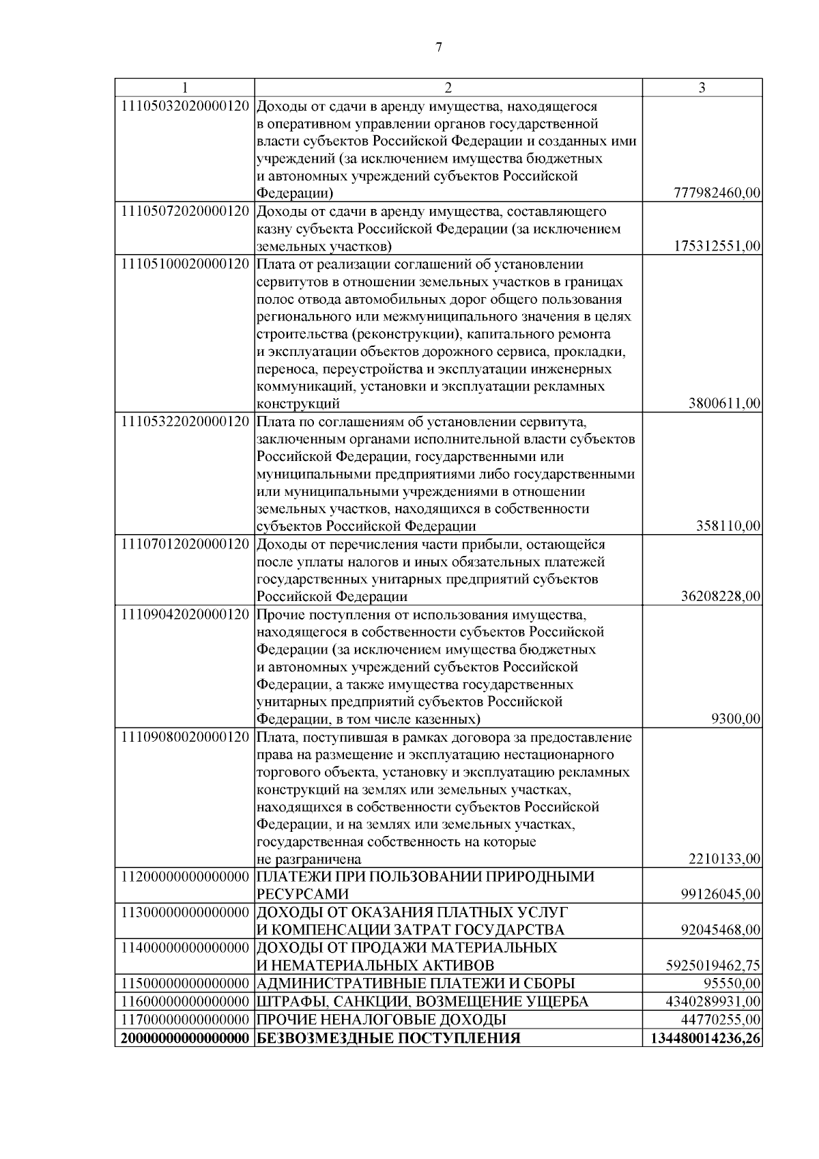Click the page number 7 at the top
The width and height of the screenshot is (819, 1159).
click(438, 47)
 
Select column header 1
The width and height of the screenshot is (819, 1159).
click(184, 88)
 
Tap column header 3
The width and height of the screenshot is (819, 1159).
click(702, 88)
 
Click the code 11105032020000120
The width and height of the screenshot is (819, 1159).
click(184, 107)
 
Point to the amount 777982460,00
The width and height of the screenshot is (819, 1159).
click(717, 193)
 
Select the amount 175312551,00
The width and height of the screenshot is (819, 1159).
click(717, 246)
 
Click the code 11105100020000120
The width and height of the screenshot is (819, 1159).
click(184, 264)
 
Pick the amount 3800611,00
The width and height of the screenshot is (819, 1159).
click(725, 404)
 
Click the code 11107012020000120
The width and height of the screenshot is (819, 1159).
click(184, 544)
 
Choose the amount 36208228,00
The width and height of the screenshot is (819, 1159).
click(721, 596)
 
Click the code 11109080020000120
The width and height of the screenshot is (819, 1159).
click(184, 737)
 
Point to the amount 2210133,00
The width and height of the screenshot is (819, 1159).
click(725, 858)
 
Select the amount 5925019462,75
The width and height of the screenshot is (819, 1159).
click(713, 965)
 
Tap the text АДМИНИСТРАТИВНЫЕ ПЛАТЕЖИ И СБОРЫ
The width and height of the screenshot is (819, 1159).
click(416, 983)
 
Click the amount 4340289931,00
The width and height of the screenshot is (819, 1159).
click(713, 1001)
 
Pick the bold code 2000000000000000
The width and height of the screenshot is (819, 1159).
click(184, 1038)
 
